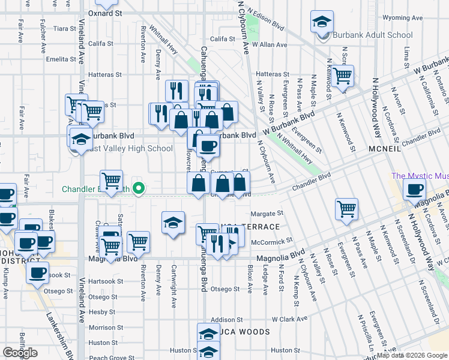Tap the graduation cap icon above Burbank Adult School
coord(322,22)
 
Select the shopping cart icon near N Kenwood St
coord(342,76)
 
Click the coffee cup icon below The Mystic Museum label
coord(414,190)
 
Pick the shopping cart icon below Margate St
coord(346,209)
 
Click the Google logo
coord(20,352)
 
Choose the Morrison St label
coord(101,328)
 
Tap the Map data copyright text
coord(412,355)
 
